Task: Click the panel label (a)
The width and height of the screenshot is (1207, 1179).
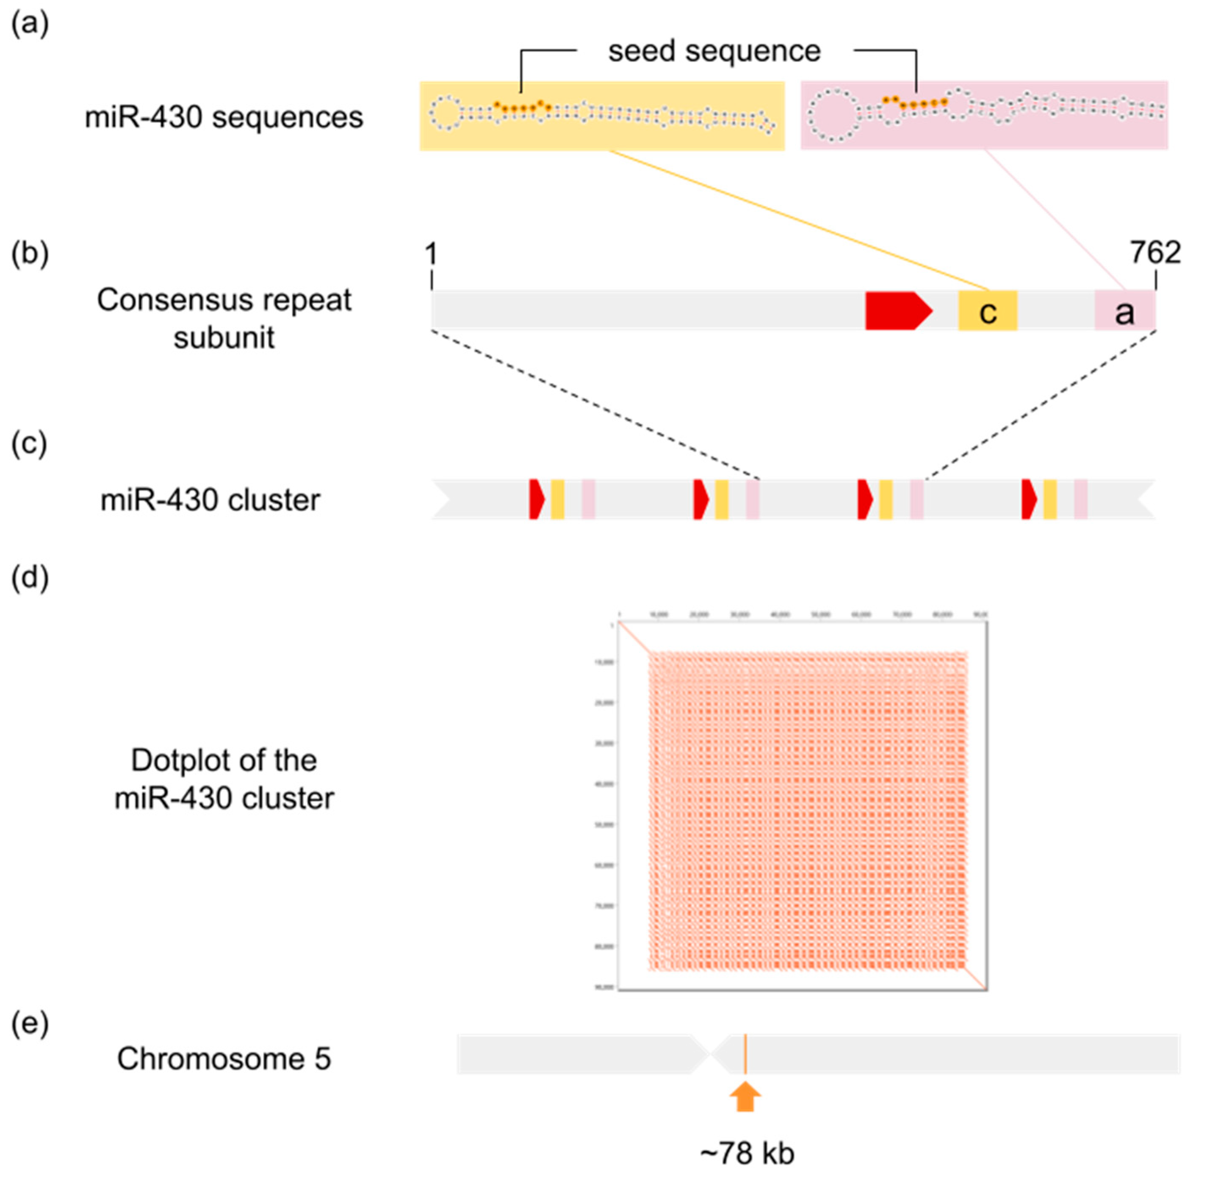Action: pyautogui.click(x=30, y=25)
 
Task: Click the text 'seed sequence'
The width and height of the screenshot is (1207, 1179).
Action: pyautogui.click(x=714, y=51)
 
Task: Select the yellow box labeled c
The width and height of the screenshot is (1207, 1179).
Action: pyautogui.click(x=987, y=311)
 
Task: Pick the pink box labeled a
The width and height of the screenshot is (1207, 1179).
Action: pyautogui.click(x=1124, y=311)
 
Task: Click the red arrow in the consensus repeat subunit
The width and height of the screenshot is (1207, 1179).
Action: pyautogui.click(x=897, y=311)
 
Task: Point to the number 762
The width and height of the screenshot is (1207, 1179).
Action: pyautogui.click(x=1155, y=253)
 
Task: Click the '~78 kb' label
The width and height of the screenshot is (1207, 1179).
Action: pyautogui.click(x=747, y=1153)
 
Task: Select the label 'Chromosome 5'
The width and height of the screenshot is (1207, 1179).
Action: pyautogui.click(x=224, y=1059)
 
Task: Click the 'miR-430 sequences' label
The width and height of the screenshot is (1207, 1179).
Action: pyautogui.click(x=224, y=117)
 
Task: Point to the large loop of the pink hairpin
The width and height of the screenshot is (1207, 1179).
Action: pyautogui.click(x=829, y=116)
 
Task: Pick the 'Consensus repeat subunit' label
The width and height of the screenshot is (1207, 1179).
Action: pyautogui.click(x=224, y=318)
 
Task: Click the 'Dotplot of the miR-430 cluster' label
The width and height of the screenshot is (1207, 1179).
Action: pyautogui.click(x=224, y=779)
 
